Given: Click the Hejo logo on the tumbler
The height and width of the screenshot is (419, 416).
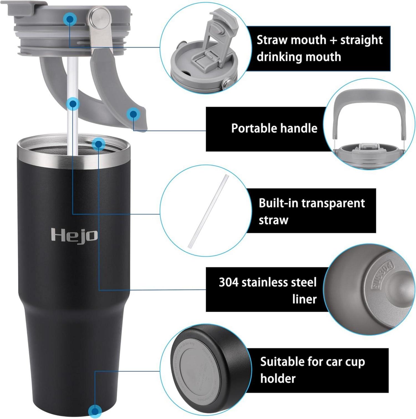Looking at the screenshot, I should [x=74, y=235].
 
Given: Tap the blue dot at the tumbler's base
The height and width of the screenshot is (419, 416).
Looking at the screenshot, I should [x=95, y=410].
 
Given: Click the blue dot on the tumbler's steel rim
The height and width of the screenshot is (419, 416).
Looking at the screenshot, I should [x=98, y=144].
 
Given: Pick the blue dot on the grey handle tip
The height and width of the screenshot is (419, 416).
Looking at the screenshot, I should [x=133, y=114].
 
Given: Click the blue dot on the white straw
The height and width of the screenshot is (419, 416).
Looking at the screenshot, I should [x=73, y=104].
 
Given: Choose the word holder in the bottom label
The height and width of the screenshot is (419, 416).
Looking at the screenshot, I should [x=278, y=378].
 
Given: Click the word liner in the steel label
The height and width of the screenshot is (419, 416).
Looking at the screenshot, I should [x=304, y=299].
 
